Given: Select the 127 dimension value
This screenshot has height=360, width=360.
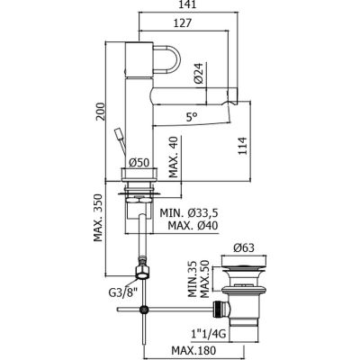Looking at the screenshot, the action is pos(182,23).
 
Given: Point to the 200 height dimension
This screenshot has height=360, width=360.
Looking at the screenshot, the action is pos(101,112).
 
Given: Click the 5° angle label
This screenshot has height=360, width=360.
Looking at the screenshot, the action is pos(192,117).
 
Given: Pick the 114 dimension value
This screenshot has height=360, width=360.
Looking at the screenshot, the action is pos(242,146).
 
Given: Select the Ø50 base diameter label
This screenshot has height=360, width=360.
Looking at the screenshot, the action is pos(139,163).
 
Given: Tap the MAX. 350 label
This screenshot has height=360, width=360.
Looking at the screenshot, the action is pos(98,218).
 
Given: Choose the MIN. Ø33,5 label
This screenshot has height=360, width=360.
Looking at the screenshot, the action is pos(189,213).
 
